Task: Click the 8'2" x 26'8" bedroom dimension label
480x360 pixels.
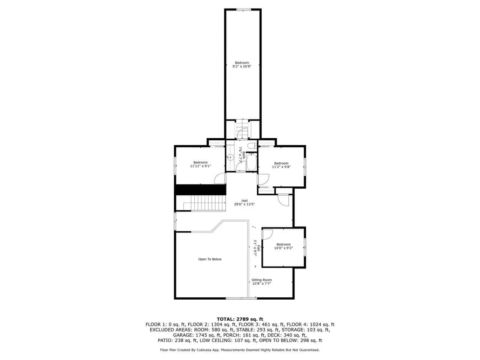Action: pos(242,66)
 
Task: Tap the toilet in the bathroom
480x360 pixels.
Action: pos(252,145)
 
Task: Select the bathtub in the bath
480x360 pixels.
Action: pos(252,162)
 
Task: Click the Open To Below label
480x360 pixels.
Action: pos(210,259)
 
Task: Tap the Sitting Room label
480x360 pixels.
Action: pos(261,280)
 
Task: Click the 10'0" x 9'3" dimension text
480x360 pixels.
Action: pos(283,248)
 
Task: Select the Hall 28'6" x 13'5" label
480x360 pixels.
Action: pos(244,202)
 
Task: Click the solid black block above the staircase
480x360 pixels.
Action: pos(201,189)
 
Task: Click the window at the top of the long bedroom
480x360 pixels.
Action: pos(243,9)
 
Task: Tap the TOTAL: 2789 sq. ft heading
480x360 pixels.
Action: pos(240,319)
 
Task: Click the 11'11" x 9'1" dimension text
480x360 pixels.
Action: pos(200,166)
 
